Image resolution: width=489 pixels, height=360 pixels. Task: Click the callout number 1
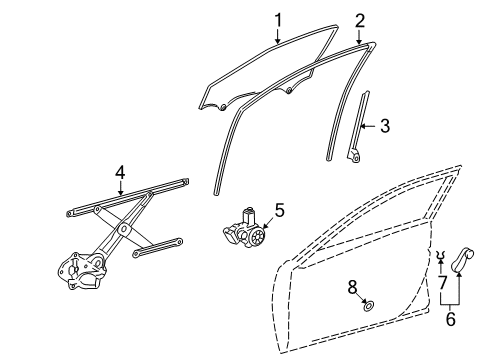(x=279, y=18)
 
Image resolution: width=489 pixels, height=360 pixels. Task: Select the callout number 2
(x=359, y=20)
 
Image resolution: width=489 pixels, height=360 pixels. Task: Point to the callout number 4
(x=120, y=172)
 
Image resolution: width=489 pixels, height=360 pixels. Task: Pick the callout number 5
(x=279, y=210)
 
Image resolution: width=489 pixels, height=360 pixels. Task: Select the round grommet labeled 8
(x=369, y=306)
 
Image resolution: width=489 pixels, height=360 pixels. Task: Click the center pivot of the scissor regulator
(x=122, y=231)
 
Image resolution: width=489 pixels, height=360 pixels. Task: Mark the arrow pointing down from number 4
(x=120, y=190)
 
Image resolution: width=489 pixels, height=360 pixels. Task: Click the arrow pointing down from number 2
(x=359, y=36)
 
